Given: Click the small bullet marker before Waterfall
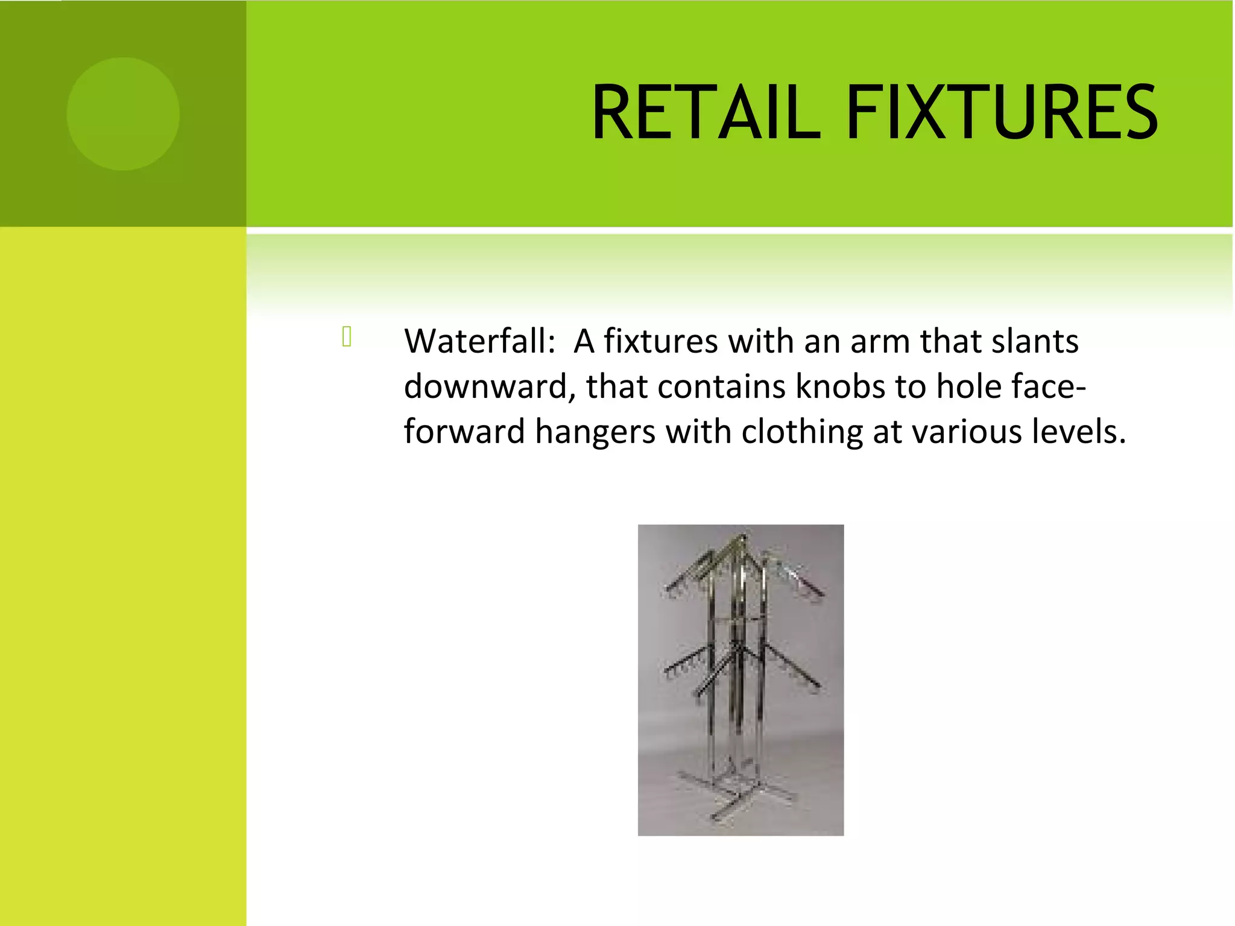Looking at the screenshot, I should (347, 336).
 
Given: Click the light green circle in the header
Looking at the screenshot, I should (123, 114).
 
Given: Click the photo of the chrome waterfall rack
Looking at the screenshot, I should (741, 680).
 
